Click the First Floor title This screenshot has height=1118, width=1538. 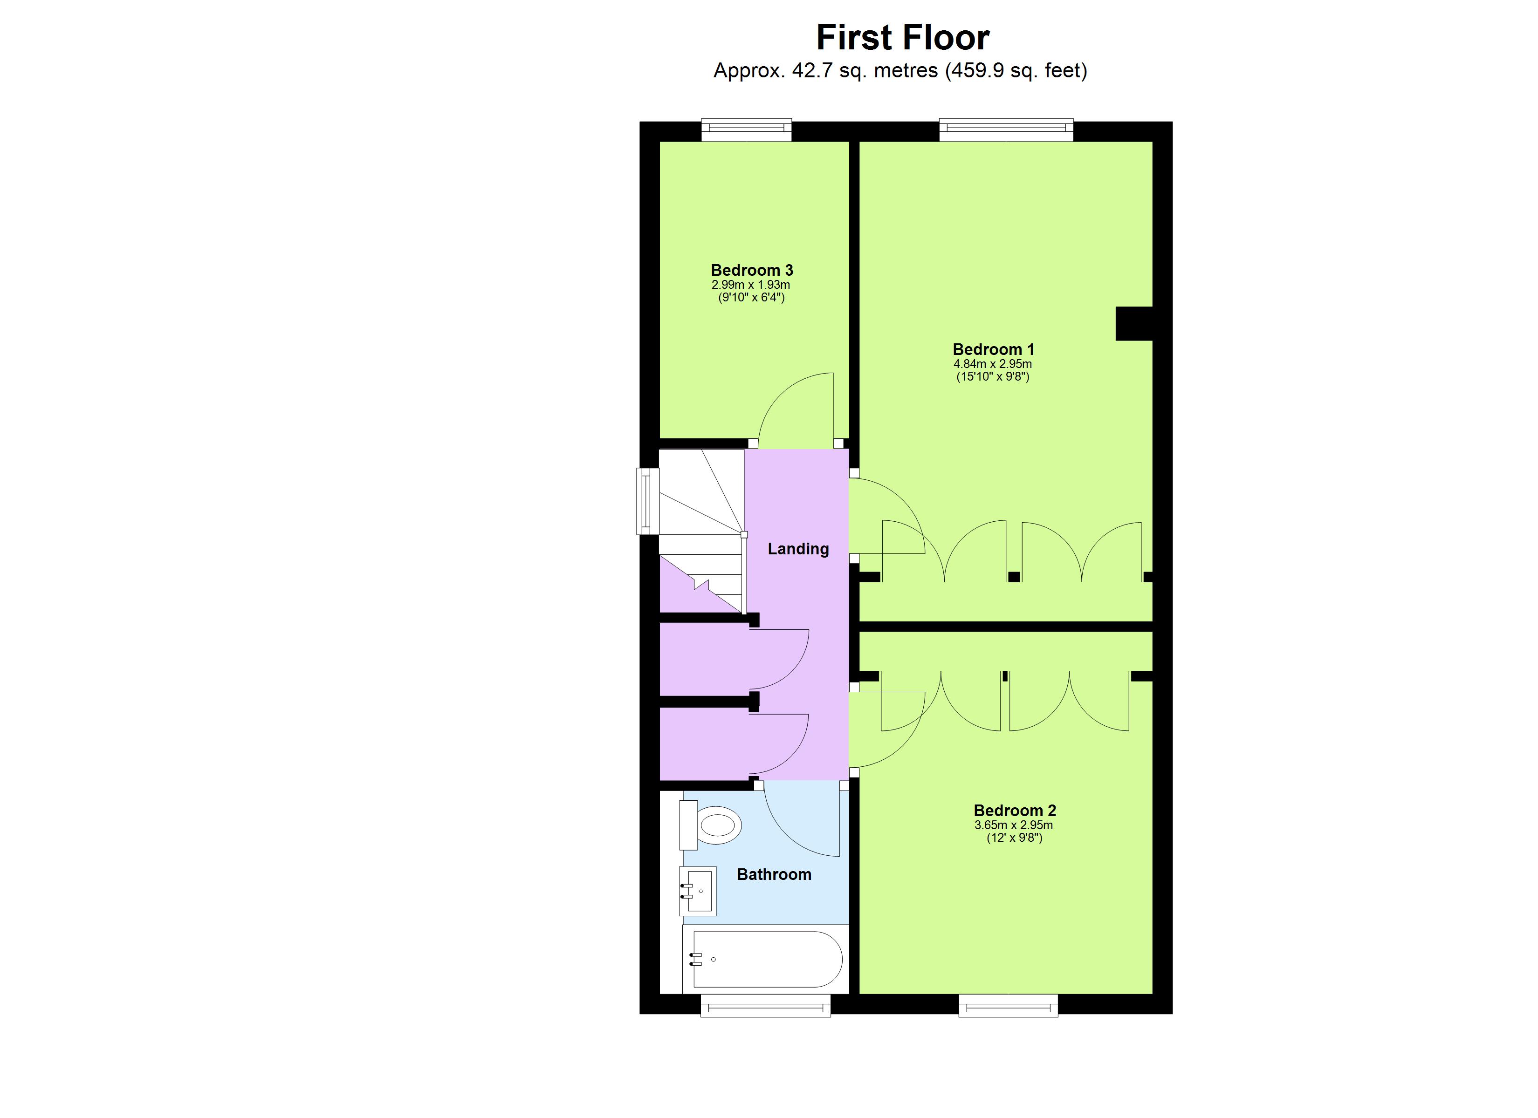(903, 38)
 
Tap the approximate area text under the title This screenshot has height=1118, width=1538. (900, 70)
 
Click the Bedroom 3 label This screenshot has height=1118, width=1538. (751, 270)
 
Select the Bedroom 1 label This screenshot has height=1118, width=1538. (993, 349)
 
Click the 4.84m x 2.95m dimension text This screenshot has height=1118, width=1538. (993, 364)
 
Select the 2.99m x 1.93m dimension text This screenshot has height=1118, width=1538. (751, 285)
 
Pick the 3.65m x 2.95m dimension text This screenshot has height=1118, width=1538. (1014, 825)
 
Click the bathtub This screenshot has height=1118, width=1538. (766, 959)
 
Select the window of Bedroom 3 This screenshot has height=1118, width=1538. (746, 130)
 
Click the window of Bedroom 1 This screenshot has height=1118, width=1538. (1006, 130)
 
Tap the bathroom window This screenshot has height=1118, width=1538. (765, 1005)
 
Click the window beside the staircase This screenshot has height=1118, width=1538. (648, 501)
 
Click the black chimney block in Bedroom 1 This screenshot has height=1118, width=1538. (1134, 323)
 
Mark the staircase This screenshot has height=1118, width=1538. (702, 529)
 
